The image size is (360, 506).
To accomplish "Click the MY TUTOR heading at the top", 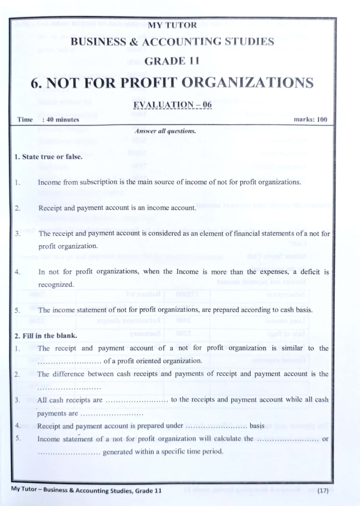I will click(172, 25).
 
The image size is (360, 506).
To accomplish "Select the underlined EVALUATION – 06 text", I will click(173, 105).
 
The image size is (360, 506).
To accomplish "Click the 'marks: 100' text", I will click(311, 119).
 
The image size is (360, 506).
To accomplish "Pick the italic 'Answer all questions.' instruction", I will click(165, 131).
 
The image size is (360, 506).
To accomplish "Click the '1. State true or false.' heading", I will click(48, 157).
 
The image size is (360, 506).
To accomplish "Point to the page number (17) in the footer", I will click(322, 490).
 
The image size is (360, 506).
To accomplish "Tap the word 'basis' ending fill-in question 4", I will click(257, 426).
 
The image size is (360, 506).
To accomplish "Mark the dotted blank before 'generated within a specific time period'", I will click(69, 452).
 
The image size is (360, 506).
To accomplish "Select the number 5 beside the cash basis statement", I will click(17, 310).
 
